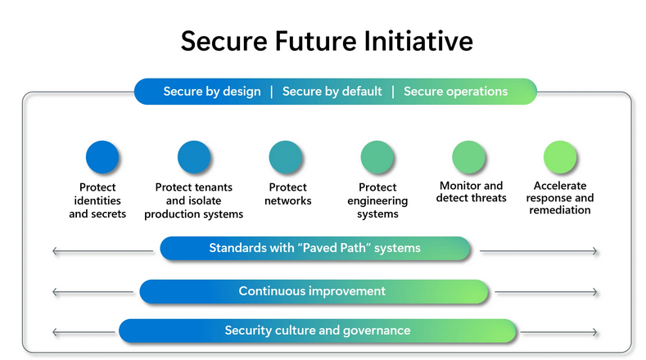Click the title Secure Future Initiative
pos(327,41)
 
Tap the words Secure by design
pos(212,92)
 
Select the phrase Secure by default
pos(332,92)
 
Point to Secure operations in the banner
pos(456,92)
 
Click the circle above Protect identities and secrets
pos(102,157)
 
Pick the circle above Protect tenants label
pos(194,157)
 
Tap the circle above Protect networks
pos(286,157)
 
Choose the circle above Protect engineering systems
pos(377,157)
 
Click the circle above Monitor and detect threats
pos(469,157)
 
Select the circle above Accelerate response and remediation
pos(560,157)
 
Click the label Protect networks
pos(288,194)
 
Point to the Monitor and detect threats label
pos(472,191)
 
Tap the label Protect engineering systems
pos(377,200)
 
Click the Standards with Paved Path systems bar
pos(315,248)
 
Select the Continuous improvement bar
pos(314,291)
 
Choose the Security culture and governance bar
pos(318,331)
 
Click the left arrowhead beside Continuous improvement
pos(55,292)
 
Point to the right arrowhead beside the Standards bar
pos(594,251)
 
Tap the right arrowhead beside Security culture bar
pos(594,332)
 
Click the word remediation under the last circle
pos(560,210)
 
